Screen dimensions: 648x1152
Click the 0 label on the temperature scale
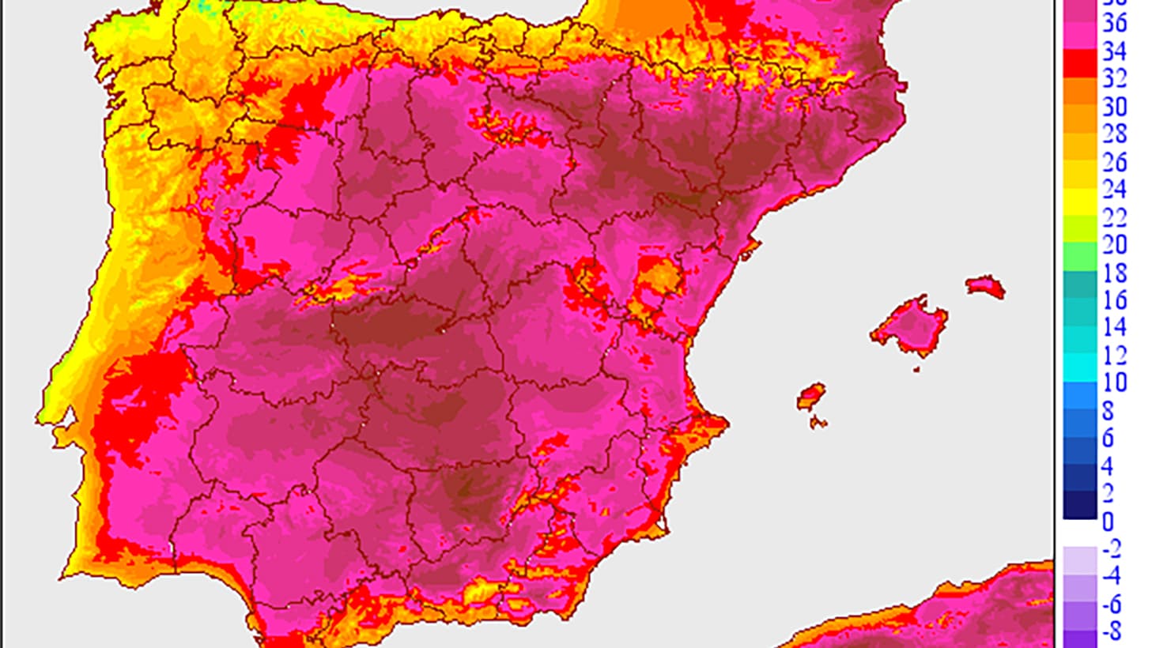[x=1108, y=522]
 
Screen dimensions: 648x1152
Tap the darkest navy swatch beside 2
[x=1080, y=505]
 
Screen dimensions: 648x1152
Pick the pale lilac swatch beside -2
[x=1080, y=559]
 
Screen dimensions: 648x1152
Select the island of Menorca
[x=985, y=285]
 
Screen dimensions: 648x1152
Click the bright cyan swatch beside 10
[x=1080, y=367]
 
